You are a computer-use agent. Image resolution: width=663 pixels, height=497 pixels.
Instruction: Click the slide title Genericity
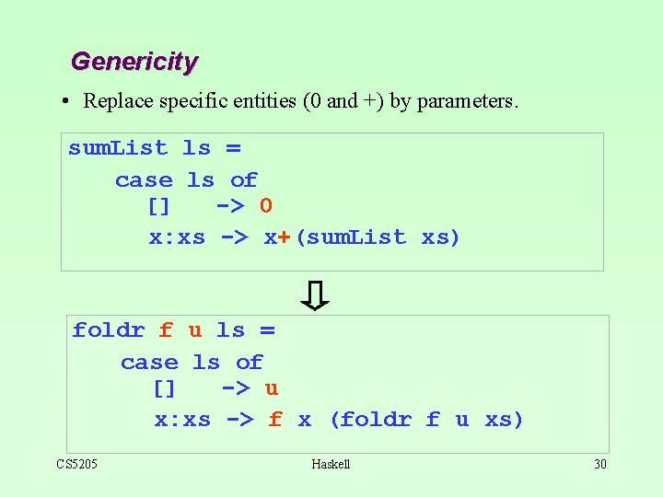tap(134, 62)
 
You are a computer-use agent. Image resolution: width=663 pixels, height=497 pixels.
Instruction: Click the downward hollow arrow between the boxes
tap(316, 295)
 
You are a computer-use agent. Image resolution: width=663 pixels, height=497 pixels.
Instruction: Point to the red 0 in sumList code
tap(265, 205)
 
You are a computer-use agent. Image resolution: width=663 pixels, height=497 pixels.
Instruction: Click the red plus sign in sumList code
tap(285, 237)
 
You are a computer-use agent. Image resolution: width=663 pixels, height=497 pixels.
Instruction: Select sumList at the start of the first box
tap(118, 148)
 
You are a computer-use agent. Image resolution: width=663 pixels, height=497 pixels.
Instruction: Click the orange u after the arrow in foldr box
tap(272, 388)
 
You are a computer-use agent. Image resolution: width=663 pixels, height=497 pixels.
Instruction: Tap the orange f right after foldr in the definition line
tap(166, 330)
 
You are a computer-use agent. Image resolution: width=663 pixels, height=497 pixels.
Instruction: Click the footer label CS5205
tap(77, 464)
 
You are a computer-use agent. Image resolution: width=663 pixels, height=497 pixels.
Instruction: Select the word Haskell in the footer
tap(331, 464)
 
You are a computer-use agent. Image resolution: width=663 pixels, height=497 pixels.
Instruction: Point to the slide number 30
tap(599, 464)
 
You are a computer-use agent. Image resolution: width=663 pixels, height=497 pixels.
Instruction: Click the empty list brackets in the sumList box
tap(158, 206)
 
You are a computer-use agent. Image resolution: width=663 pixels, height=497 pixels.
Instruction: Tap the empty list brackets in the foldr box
tap(164, 388)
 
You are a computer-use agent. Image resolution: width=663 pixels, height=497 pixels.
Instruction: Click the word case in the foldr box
tap(149, 363)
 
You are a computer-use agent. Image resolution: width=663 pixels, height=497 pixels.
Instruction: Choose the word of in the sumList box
tap(244, 180)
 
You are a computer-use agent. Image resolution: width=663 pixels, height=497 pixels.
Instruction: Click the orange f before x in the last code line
tap(275, 420)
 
